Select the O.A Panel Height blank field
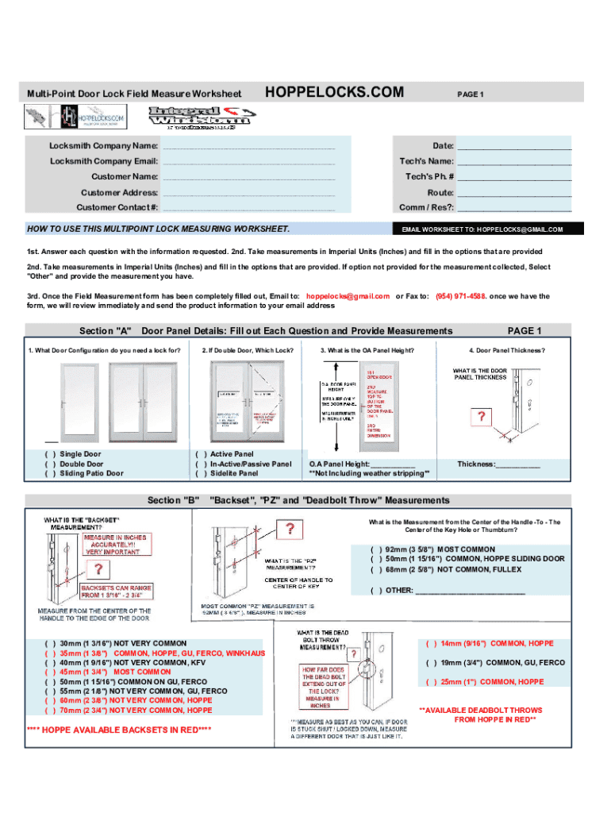point(393,465)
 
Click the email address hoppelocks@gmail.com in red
point(347,295)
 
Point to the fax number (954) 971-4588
point(461,295)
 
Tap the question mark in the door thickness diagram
point(479,416)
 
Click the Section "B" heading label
point(174,500)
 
